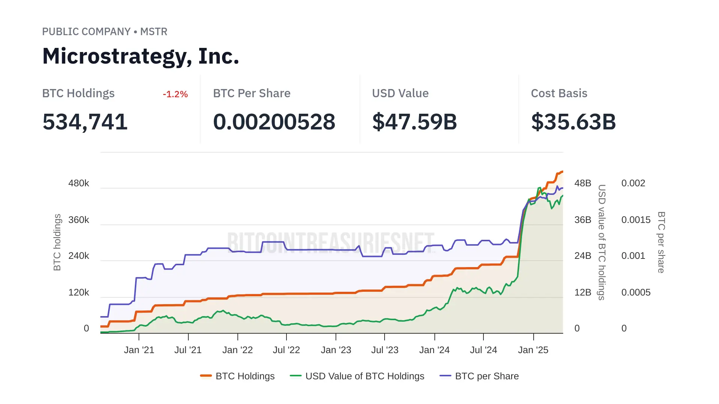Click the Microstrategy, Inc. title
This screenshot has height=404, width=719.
(x=140, y=56)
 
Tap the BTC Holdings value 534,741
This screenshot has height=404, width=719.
(x=85, y=122)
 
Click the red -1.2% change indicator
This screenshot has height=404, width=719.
(x=175, y=94)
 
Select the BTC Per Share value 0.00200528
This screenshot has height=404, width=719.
(x=274, y=122)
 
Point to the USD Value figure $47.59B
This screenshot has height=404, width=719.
(x=415, y=122)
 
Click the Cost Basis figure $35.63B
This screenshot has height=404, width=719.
(x=573, y=122)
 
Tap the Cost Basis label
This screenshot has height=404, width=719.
(x=559, y=94)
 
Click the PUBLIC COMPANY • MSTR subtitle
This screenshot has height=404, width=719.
(x=104, y=32)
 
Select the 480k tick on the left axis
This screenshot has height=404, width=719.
(x=79, y=183)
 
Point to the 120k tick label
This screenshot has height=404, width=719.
(x=79, y=293)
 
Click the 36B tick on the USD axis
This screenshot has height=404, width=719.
(x=583, y=220)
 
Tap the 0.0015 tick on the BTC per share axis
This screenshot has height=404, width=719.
(x=636, y=220)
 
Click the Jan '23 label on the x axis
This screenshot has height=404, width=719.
(x=336, y=350)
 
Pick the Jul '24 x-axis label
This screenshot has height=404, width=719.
(x=483, y=350)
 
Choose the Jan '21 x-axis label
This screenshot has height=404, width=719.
(x=139, y=350)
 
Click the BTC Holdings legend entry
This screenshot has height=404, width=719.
(x=237, y=376)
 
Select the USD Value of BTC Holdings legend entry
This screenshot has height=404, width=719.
(x=357, y=376)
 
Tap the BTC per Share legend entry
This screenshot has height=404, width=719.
(x=479, y=376)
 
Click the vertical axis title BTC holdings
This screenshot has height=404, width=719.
(x=57, y=242)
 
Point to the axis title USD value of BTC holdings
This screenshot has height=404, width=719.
(x=602, y=242)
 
